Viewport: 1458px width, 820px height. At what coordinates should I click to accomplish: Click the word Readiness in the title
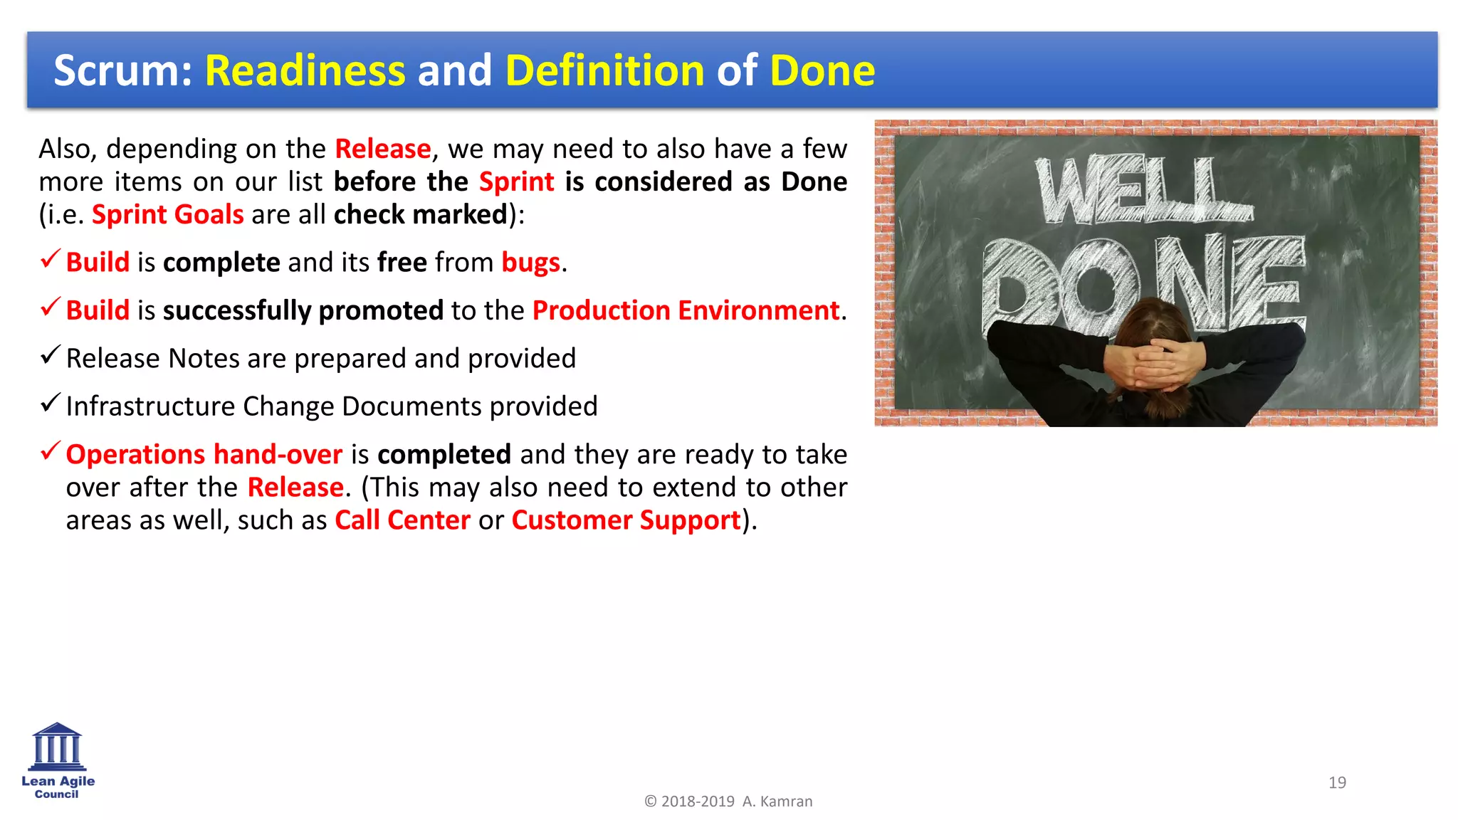305,70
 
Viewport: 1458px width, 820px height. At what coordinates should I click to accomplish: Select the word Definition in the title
604,70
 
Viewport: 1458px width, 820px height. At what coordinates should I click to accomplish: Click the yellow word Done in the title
822,70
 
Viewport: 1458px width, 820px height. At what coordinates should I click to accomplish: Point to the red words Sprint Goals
167,214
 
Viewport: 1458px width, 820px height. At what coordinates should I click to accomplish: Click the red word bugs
530,263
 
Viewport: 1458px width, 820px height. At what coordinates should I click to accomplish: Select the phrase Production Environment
686,310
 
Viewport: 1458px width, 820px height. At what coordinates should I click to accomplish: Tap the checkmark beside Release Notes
49,355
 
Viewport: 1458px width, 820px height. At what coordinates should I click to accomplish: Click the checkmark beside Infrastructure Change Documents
49,404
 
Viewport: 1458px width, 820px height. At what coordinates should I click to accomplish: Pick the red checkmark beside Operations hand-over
49,451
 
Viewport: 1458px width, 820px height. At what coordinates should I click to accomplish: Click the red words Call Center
402,520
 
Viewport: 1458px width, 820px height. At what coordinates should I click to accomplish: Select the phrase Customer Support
626,520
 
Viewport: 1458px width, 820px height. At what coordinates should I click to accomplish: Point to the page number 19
1337,782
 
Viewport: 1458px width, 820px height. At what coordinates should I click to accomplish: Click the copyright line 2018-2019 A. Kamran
728,801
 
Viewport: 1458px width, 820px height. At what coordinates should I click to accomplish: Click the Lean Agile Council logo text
58,787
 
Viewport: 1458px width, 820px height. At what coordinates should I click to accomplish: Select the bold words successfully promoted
303,310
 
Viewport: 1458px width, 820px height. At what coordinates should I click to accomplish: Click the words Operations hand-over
204,454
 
